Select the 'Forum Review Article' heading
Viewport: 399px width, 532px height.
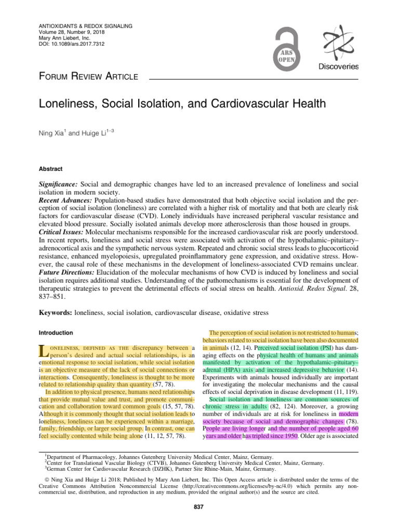(89, 77)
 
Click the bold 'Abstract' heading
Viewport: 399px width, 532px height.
(51, 169)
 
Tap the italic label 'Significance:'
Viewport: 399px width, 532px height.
(58, 185)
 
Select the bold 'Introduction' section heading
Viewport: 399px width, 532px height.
(57, 332)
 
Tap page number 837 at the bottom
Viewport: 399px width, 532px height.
(199, 507)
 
